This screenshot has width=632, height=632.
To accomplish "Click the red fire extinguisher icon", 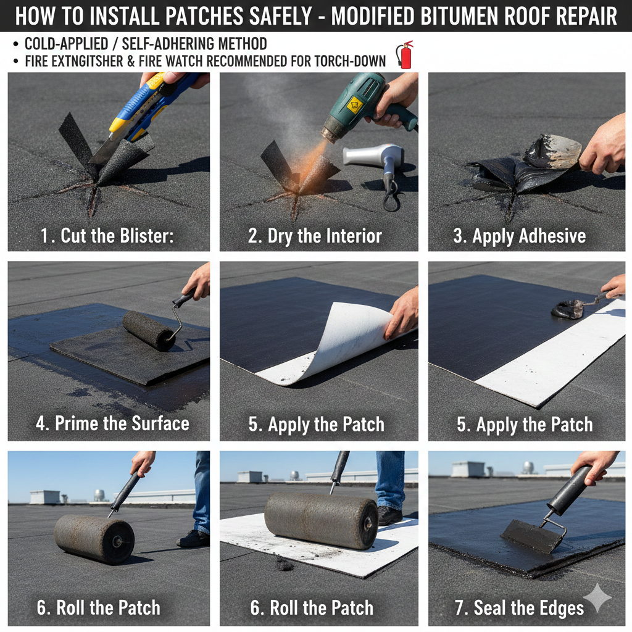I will [405, 55].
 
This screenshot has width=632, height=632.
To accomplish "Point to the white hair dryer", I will [376, 157].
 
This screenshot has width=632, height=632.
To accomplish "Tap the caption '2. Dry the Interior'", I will [315, 236].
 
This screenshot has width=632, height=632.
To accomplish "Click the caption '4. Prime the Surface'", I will [112, 423].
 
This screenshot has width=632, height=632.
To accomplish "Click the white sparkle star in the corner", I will [597, 597].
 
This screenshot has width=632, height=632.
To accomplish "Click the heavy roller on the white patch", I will [321, 520].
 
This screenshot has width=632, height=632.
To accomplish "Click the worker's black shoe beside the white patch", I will [390, 515].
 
